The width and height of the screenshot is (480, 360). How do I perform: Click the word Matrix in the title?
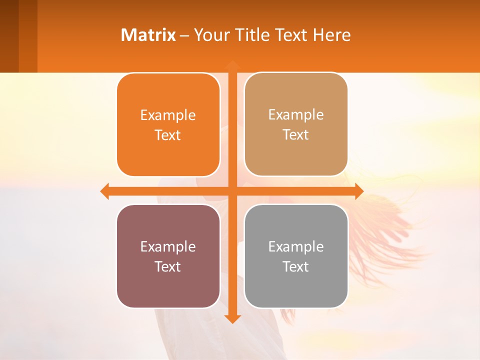pos(148,35)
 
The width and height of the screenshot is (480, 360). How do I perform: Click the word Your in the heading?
pos(209,35)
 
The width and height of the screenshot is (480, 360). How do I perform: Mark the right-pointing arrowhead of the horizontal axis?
pos(358,191)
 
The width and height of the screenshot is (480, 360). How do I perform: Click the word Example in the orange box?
pos(168,115)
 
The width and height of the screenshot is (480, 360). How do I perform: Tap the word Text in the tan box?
pos(296,135)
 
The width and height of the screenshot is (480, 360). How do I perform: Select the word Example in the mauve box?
pos(168,246)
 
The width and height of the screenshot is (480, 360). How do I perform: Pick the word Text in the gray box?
pos(296,266)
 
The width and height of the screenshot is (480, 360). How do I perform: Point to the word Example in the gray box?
pos(296,246)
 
